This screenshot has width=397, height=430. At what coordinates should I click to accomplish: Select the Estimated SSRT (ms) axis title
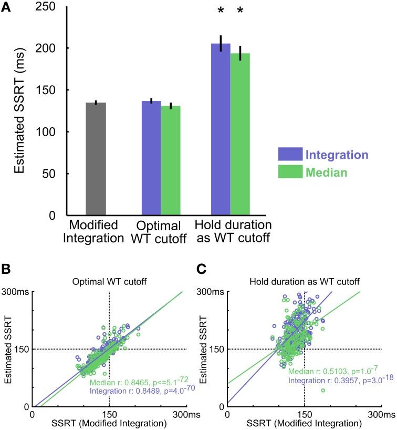(x=19, y=111)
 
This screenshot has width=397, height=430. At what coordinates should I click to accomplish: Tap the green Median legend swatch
(x=290, y=172)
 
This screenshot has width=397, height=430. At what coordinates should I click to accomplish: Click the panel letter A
(x=7, y=7)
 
